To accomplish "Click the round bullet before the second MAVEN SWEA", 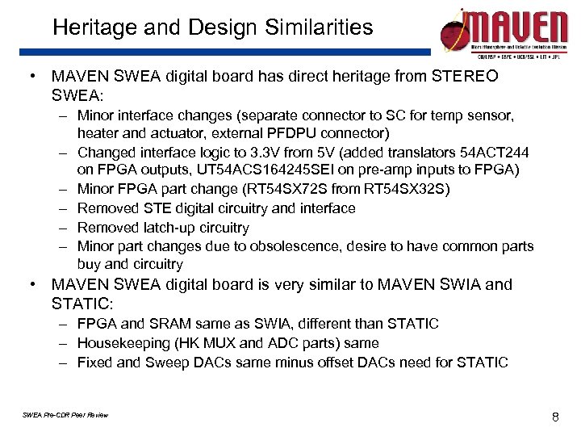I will tap(31, 285).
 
